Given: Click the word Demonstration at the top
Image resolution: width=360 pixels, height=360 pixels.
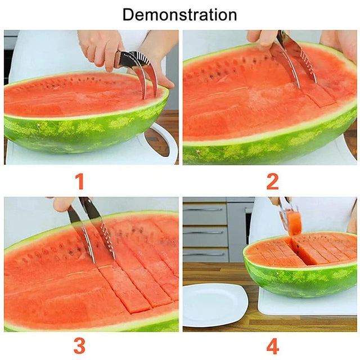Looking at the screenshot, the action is (x=180, y=15).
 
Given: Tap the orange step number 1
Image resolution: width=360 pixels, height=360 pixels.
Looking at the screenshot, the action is (x=80, y=181).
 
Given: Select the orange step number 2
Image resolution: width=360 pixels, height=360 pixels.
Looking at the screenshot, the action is (x=272, y=181).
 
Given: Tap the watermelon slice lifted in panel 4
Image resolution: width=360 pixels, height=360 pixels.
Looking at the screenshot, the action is (x=294, y=223).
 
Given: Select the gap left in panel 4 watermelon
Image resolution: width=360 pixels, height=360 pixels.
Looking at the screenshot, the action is (x=298, y=251).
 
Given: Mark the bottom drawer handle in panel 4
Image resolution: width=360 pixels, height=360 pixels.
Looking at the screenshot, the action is (x=204, y=254).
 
